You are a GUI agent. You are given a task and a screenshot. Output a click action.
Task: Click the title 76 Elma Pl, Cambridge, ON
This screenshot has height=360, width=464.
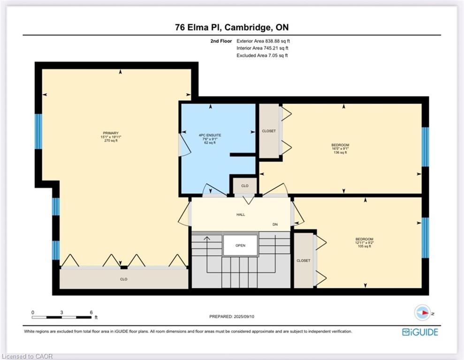[x=232, y=27]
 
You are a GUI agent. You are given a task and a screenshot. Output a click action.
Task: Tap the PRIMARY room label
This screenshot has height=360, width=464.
[x=111, y=133]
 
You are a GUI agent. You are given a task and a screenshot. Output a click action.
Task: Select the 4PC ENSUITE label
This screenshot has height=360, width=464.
[x=210, y=135]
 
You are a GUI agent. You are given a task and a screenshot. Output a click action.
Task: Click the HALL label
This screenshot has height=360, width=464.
[x=241, y=215]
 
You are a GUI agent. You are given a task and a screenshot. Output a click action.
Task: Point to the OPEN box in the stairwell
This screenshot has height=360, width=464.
[x=240, y=245]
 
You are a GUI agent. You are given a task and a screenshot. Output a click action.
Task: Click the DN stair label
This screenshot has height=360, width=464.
[x=275, y=225]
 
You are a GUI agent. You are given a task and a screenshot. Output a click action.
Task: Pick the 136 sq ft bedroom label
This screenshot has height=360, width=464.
[x=340, y=149]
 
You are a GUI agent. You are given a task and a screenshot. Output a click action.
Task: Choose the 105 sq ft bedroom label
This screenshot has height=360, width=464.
[x=364, y=243]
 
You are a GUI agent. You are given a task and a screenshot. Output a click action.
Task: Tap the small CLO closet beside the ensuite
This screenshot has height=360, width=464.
[x=245, y=186]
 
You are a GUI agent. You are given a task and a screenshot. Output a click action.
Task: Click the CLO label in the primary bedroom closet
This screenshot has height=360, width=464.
[x=124, y=279]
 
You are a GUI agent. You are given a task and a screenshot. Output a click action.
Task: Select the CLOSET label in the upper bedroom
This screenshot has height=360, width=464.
[x=269, y=131]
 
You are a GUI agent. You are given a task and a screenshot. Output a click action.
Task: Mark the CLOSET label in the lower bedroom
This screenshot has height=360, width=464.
[x=304, y=261]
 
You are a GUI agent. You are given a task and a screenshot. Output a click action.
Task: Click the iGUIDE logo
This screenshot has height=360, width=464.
[x=420, y=332]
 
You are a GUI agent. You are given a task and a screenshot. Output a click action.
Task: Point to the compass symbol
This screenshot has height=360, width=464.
[x=422, y=313]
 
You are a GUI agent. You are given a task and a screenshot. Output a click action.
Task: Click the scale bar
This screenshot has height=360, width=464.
[x=61, y=317]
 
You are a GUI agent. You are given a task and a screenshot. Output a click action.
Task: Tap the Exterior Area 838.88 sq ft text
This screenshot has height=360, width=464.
[x=263, y=41]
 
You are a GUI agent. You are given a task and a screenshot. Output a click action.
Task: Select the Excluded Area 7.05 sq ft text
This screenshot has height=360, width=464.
[x=262, y=55]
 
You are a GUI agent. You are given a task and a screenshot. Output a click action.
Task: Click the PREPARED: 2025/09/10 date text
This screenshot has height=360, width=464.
[x=232, y=316]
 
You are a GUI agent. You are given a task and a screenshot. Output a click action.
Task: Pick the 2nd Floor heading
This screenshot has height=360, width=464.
[x=221, y=41]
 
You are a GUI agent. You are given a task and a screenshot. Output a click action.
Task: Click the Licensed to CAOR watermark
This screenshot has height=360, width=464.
[x=26, y=356]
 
